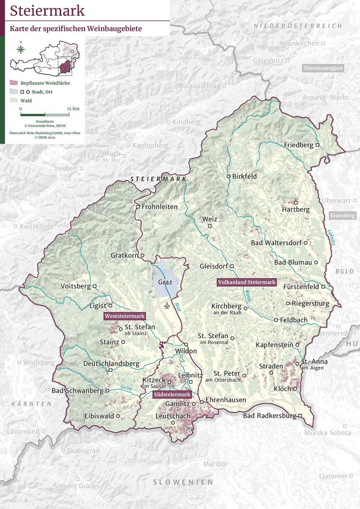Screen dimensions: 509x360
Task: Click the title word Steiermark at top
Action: [47, 11]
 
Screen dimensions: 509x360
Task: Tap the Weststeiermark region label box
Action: [125, 316]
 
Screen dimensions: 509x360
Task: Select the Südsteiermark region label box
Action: [172, 394]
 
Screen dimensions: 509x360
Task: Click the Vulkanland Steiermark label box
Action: [246, 282]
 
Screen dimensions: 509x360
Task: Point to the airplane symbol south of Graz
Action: [167, 305]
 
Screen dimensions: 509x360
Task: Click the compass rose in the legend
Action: [20, 48]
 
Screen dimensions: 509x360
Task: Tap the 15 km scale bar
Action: [45, 114]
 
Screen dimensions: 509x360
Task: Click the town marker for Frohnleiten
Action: [138, 207]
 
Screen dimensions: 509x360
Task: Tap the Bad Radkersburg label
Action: [269, 416]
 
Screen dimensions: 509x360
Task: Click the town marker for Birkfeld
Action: [228, 176]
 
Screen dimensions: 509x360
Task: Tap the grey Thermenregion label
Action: [323, 68]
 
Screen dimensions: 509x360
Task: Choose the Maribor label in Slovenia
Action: [215, 464]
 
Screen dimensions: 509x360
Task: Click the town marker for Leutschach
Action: [173, 423]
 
